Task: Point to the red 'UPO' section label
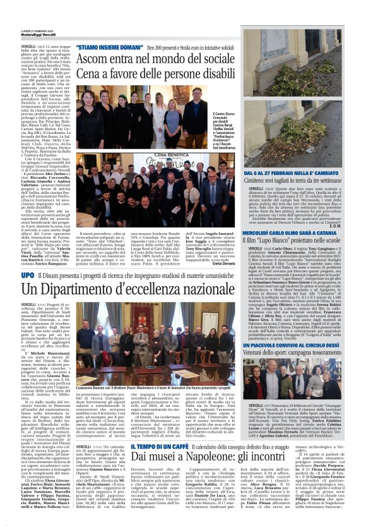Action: click(x=27, y=276)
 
